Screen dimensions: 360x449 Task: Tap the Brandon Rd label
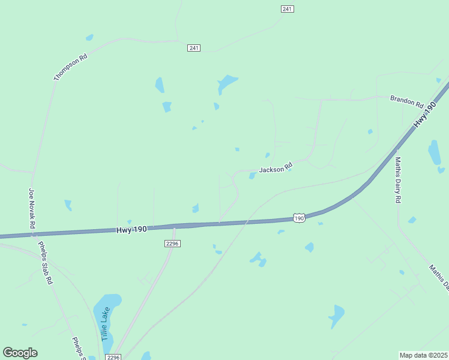coord(406,101)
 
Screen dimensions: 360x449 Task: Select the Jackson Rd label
coord(276,169)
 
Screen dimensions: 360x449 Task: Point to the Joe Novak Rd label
coord(32,209)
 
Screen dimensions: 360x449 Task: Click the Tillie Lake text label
coord(106,322)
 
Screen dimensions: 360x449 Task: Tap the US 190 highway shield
coord(299,218)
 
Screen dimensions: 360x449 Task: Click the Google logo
coord(20,353)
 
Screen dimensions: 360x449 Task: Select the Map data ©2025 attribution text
coord(423,355)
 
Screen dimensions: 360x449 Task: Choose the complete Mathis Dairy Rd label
coord(397,179)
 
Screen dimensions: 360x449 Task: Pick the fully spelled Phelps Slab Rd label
coord(46,262)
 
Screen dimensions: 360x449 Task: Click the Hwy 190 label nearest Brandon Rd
coord(424,115)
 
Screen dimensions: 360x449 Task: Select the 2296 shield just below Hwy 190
coord(172,244)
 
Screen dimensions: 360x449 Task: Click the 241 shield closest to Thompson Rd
coord(193,47)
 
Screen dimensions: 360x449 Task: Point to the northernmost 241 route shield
coord(287,9)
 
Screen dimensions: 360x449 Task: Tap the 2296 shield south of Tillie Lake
coord(113,357)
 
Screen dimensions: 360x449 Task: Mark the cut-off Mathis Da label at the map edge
coord(439,277)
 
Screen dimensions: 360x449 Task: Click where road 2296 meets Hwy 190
coord(174,227)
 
